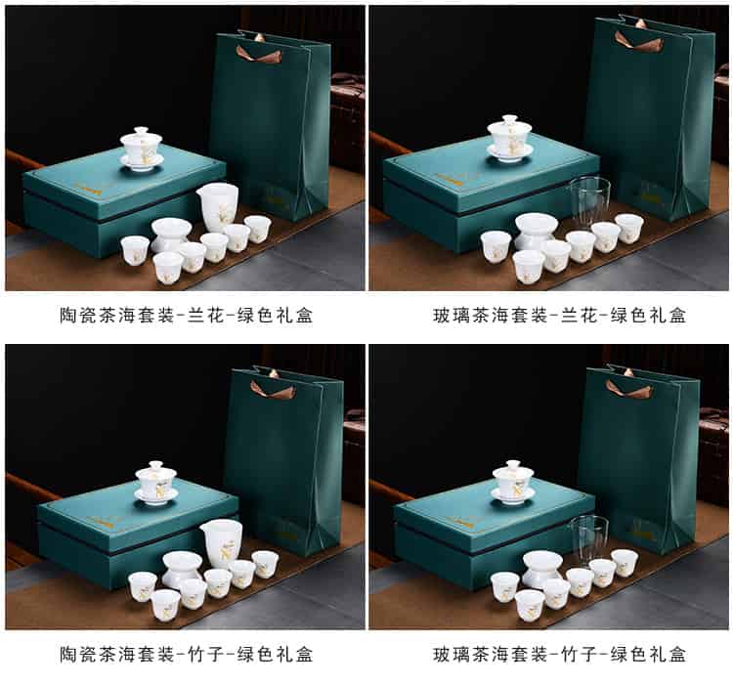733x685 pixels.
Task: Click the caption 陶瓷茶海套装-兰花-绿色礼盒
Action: pyautogui.click(x=186, y=316)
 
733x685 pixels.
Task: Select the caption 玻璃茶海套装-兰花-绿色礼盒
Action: pyautogui.click(x=560, y=316)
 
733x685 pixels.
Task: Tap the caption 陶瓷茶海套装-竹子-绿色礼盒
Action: pyautogui.click(x=186, y=654)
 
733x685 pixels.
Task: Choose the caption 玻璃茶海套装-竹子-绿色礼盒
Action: pyautogui.click(x=560, y=654)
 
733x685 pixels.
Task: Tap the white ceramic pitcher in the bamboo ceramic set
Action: pyautogui.click(x=222, y=543)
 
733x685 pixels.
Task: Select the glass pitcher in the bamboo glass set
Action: pyautogui.click(x=588, y=539)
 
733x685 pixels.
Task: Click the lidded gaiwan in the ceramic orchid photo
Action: pyautogui.click(x=141, y=148)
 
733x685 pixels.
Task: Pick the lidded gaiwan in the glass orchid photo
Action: pyautogui.click(x=509, y=138)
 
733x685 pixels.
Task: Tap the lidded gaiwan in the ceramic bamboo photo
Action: pyautogui.click(x=156, y=483)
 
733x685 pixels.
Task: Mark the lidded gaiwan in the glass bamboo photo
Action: pyautogui.click(x=513, y=483)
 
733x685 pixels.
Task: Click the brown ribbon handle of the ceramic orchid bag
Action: pyautogui.click(x=259, y=54)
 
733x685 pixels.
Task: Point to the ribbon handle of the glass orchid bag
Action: pyautogui.click(x=638, y=41)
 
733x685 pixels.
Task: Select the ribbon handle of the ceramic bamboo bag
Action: pyautogui.click(x=273, y=390)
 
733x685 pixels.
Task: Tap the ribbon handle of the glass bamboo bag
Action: pyautogui.click(x=628, y=388)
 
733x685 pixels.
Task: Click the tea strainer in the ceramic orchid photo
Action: pyautogui.click(x=171, y=235)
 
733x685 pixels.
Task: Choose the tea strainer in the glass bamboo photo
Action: pyautogui.click(x=542, y=568)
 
